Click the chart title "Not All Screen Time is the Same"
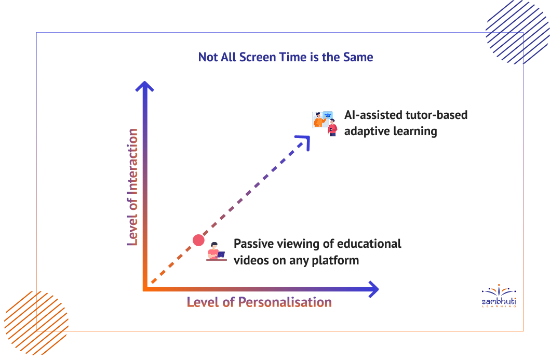(x=286, y=57)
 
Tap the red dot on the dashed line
(x=198, y=241)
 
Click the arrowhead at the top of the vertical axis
(x=144, y=87)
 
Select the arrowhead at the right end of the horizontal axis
(x=373, y=289)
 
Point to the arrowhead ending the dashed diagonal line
(x=304, y=141)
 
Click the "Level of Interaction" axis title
(x=132, y=186)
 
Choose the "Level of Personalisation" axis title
(x=259, y=302)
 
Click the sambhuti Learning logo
(x=499, y=296)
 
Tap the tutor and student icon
(x=325, y=124)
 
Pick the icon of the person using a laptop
(x=216, y=251)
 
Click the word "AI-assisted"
(x=373, y=115)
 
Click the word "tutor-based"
(x=436, y=115)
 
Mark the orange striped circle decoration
(x=36, y=323)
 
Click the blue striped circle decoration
(x=518, y=32)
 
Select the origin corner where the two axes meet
(x=144, y=289)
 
